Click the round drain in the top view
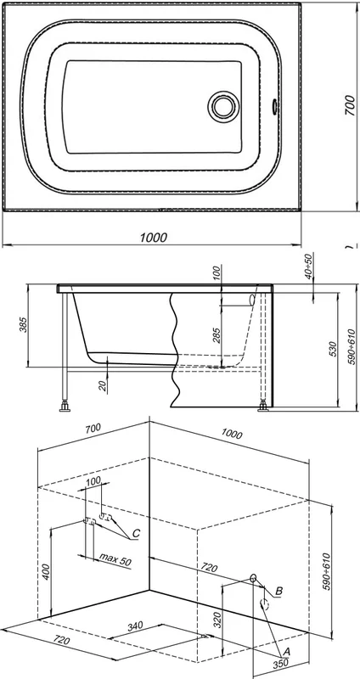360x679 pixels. (223, 107)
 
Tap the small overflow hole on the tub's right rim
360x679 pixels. (274, 106)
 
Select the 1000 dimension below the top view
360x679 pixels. (154, 238)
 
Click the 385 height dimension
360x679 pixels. (24, 325)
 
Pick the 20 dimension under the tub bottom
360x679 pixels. (102, 386)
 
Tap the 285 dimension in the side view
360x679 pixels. (217, 335)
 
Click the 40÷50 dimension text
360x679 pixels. (308, 266)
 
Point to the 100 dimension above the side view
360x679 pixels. (217, 272)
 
